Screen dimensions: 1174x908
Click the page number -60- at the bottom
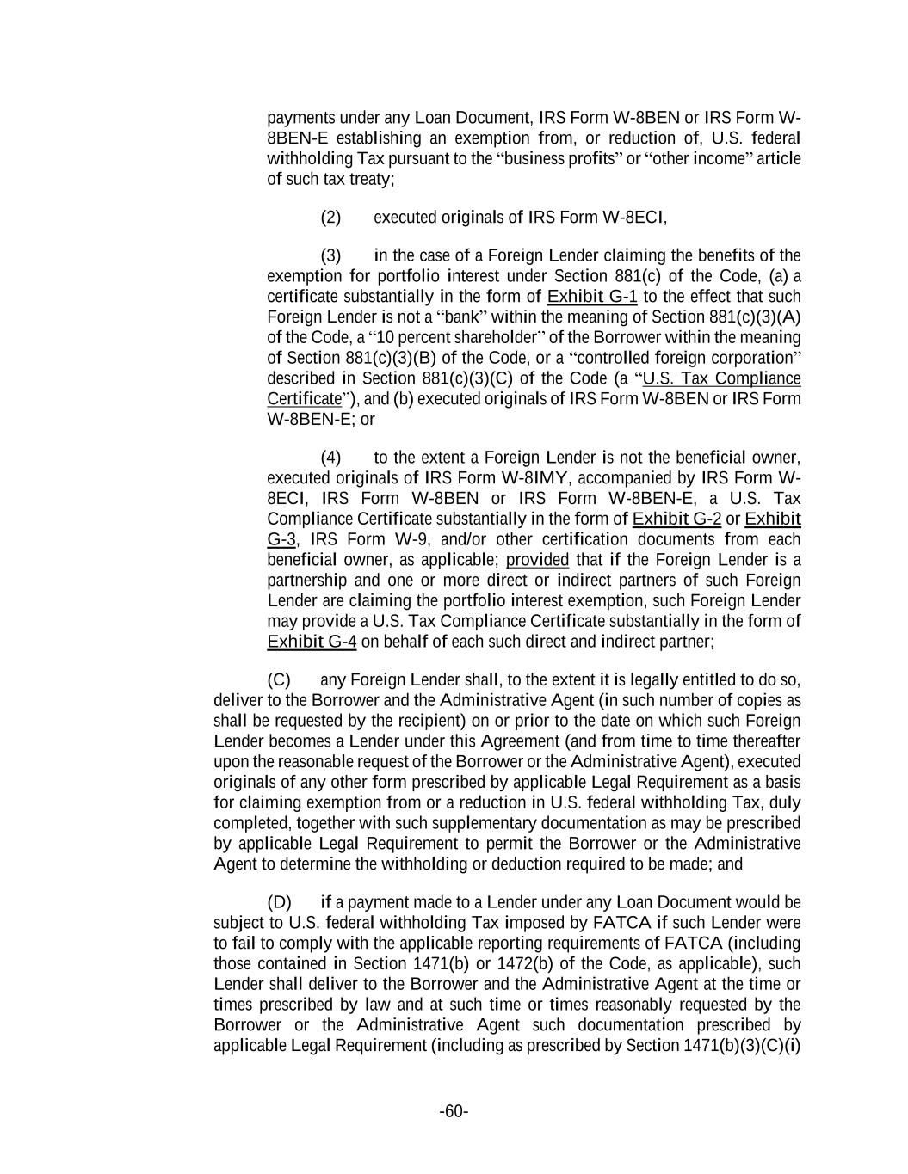point(454,1111)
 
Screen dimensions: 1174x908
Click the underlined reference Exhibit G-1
point(592,297)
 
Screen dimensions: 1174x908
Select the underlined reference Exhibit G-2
point(676,519)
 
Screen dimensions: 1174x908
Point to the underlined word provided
point(537,560)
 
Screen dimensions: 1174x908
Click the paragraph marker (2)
point(330,217)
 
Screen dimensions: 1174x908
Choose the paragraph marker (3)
point(330,255)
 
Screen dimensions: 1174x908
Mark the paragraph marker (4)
point(330,457)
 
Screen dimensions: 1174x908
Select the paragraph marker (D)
point(280,902)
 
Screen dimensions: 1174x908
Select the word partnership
point(307,580)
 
